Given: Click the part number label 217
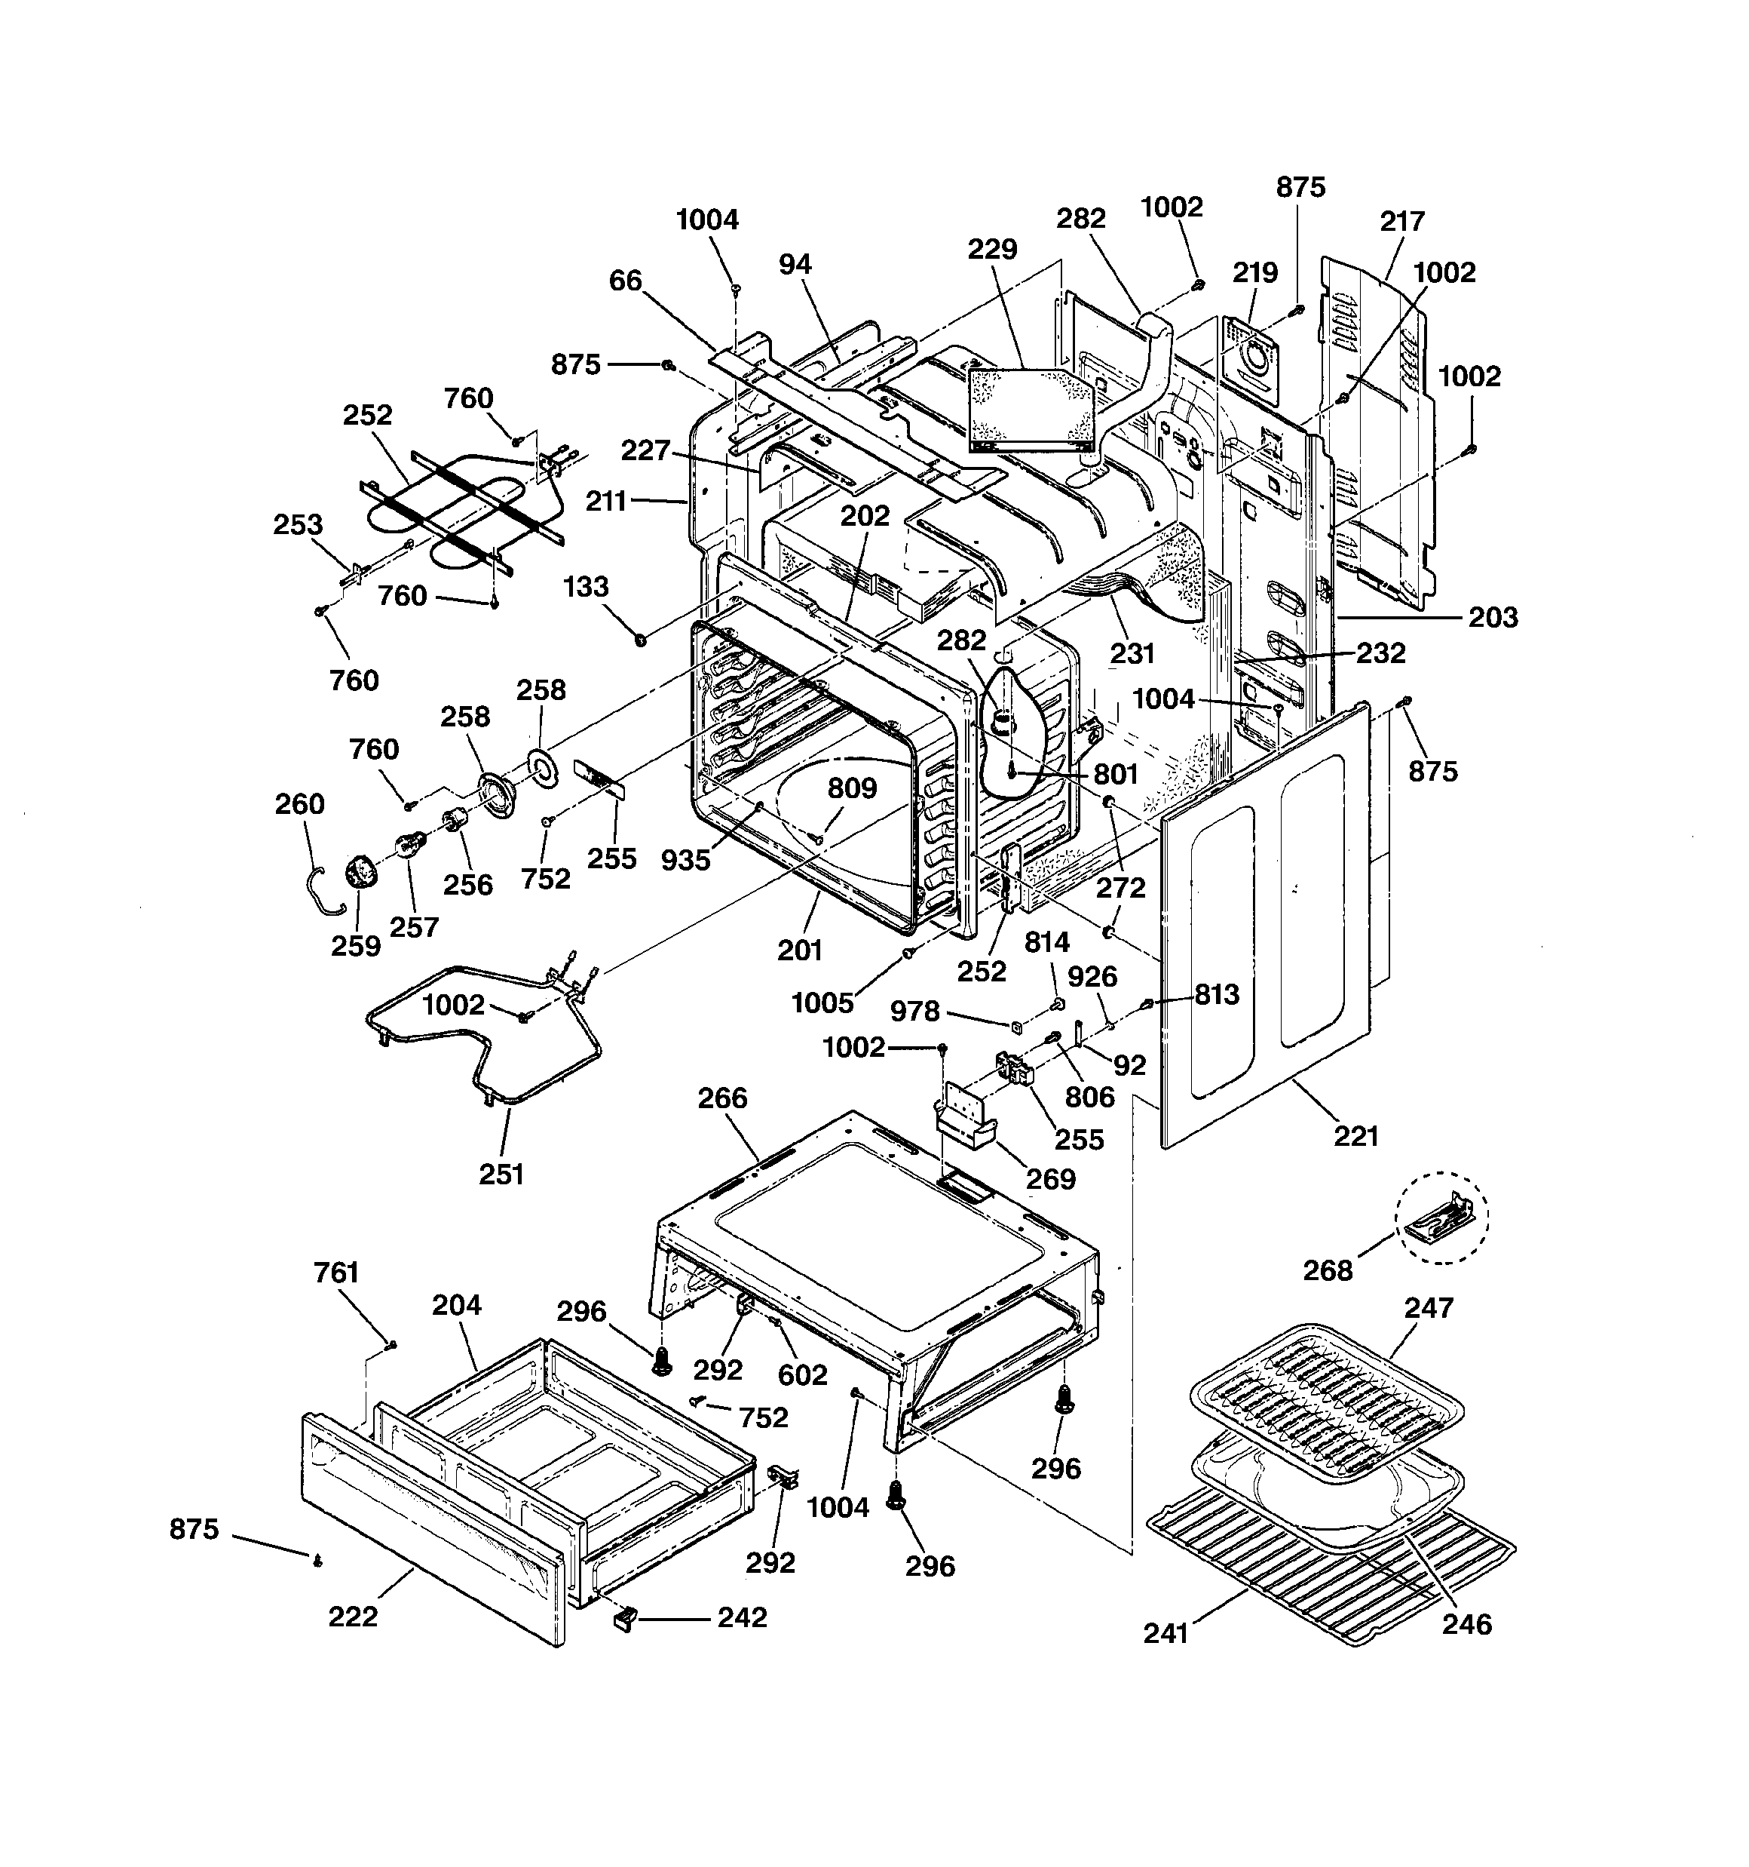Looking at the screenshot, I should click(x=1401, y=222).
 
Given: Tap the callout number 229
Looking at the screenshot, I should click(x=992, y=250).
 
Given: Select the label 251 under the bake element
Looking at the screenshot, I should click(x=501, y=1174).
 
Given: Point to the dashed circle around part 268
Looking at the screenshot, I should click(x=1441, y=1218).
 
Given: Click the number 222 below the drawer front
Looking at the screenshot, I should click(x=353, y=1617).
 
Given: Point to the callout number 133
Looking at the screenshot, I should click(x=586, y=587).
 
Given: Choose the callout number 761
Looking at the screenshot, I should click(x=336, y=1273).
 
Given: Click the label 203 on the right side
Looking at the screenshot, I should click(x=1493, y=618).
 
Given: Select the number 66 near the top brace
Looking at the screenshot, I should click(x=625, y=281).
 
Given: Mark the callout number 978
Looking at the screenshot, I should click(x=914, y=1012).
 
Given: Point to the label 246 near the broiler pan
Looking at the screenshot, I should click(x=1466, y=1625).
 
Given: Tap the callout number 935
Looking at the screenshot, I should click(x=685, y=860).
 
